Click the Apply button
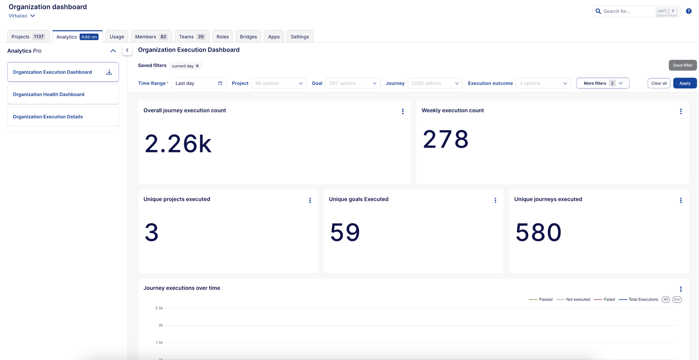click(x=685, y=83)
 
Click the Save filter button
click(x=683, y=65)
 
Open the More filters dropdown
click(x=603, y=83)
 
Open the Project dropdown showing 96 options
click(x=279, y=83)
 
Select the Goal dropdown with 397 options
click(x=353, y=83)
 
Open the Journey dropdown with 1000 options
click(x=435, y=83)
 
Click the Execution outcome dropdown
click(x=543, y=83)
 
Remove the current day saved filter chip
click(x=197, y=66)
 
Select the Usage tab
click(x=117, y=37)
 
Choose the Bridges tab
click(x=248, y=37)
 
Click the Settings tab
click(x=300, y=37)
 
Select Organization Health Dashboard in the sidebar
click(x=48, y=94)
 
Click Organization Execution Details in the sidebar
click(x=48, y=117)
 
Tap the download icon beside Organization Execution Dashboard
click(x=109, y=72)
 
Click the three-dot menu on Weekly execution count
click(x=680, y=112)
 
